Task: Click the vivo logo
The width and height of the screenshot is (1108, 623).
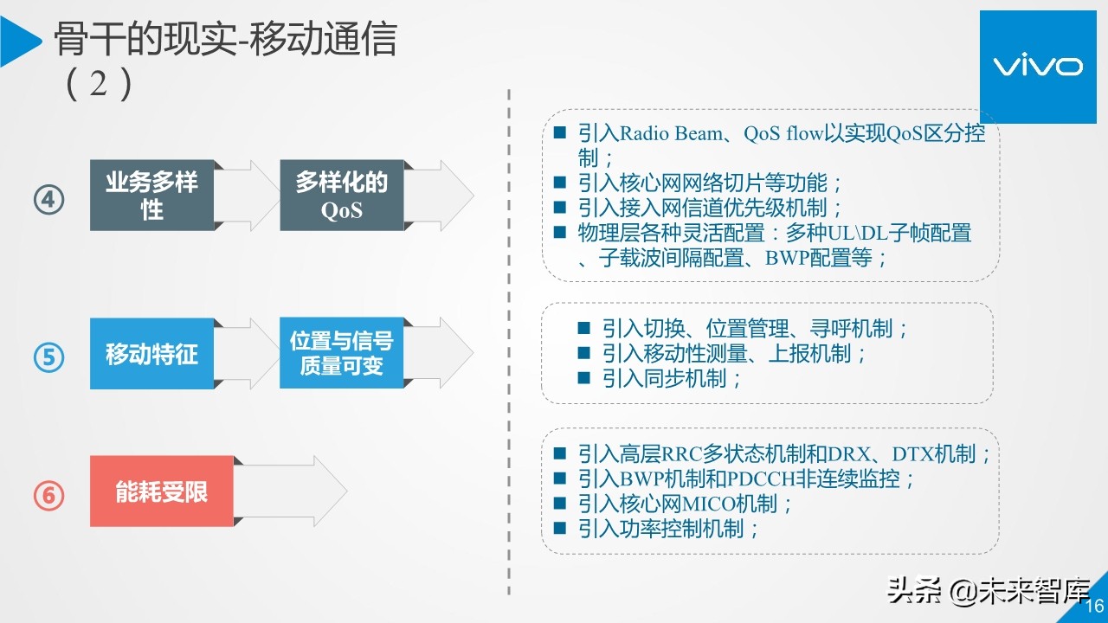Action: coord(1036,67)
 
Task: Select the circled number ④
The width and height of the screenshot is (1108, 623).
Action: coord(49,201)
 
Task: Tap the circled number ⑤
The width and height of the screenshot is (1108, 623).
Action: coord(49,356)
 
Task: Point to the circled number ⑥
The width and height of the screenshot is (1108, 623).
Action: coord(49,495)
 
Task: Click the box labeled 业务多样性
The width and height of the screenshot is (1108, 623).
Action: coord(151,196)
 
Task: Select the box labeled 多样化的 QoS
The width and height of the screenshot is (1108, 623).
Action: coord(341,196)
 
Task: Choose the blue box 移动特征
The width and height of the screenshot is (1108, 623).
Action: coord(151,354)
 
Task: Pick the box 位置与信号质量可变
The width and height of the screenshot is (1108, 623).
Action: coord(341,353)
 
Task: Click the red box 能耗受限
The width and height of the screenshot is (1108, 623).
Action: coord(162,491)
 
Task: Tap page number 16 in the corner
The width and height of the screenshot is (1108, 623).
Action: coord(1094,606)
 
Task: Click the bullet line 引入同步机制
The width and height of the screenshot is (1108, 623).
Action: coord(672,378)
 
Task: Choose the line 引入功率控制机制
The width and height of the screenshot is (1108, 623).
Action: coord(668,529)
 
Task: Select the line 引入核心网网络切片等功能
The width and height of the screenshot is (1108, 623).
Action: coord(710,183)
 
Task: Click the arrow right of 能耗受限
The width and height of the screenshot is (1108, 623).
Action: coord(291,491)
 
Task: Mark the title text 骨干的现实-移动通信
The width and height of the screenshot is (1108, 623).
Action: coord(225,40)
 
